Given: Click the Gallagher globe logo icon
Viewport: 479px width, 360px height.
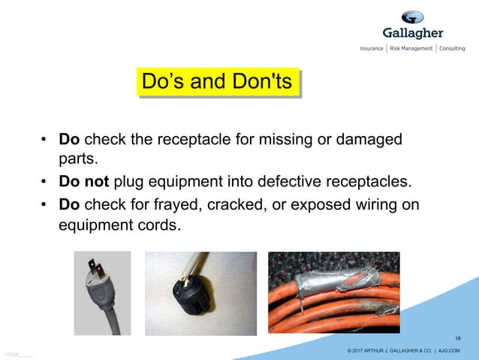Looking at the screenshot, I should [412, 17].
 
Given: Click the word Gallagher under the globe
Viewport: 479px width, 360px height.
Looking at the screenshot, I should [412, 33].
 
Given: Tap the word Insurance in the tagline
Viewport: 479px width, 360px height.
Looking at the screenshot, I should [372, 49].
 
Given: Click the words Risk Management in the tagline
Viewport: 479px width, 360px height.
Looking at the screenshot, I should [411, 49].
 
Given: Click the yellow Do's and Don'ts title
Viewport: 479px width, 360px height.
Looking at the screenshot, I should [217, 82].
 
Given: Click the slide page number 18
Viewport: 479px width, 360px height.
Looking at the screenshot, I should [458, 338].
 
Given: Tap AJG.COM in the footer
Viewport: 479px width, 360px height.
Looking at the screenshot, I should [447, 351].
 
